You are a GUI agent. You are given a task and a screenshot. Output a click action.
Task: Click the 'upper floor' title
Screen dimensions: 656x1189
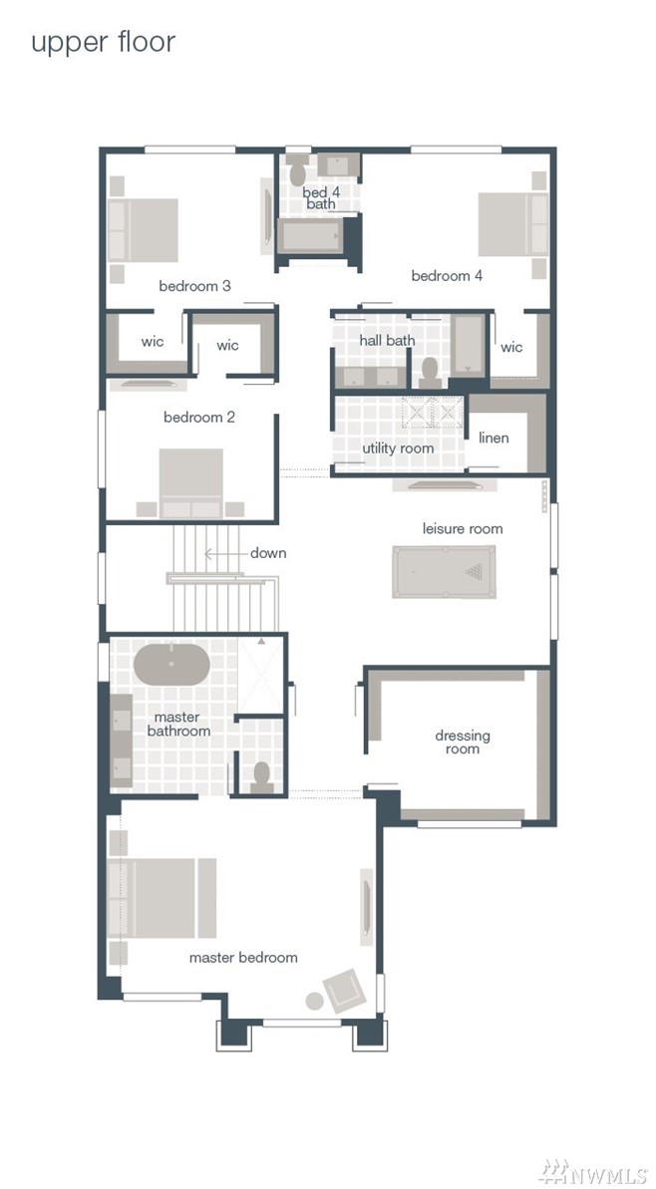pyautogui.click(x=103, y=43)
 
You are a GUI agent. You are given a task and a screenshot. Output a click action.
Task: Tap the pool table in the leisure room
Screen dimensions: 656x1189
pyautogui.click(x=444, y=572)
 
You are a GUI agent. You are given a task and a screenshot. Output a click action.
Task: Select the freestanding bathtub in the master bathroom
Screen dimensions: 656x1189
pyautogui.click(x=171, y=664)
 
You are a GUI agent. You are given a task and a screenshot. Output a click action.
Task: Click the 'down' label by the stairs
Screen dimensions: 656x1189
pyautogui.click(x=268, y=553)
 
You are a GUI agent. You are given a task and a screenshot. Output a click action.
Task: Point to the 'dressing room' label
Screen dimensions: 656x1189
pyautogui.click(x=463, y=742)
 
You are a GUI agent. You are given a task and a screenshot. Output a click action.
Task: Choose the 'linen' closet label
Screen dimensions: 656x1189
pyautogui.click(x=493, y=438)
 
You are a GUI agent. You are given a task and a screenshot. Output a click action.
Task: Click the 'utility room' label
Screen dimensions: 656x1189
pyautogui.click(x=398, y=448)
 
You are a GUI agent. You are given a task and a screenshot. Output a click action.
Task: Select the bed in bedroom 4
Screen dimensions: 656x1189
pyautogui.click(x=512, y=223)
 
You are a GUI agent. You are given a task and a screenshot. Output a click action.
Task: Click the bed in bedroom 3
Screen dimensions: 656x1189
pyautogui.click(x=144, y=230)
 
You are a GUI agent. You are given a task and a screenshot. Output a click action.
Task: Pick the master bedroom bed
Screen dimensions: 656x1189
pyautogui.click(x=163, y=898)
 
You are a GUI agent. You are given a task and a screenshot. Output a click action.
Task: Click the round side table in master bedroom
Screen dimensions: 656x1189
pyautogui.click(x=315, y=1001)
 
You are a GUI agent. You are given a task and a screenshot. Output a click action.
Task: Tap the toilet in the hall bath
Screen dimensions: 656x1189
pyautogui.click(x=430, y=373)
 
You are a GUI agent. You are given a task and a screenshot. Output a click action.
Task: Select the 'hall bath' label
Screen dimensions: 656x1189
pyautogui.click(x=388, y=341)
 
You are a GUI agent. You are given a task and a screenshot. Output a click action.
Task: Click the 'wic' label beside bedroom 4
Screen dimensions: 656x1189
pyautogui.click(x=511, y=347)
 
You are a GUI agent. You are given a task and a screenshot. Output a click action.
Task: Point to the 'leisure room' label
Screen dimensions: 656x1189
pyautogui.click(x=463, y=528)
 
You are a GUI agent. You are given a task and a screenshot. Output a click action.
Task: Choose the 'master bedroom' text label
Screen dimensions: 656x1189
pyautogui.click(x=243, y=958)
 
